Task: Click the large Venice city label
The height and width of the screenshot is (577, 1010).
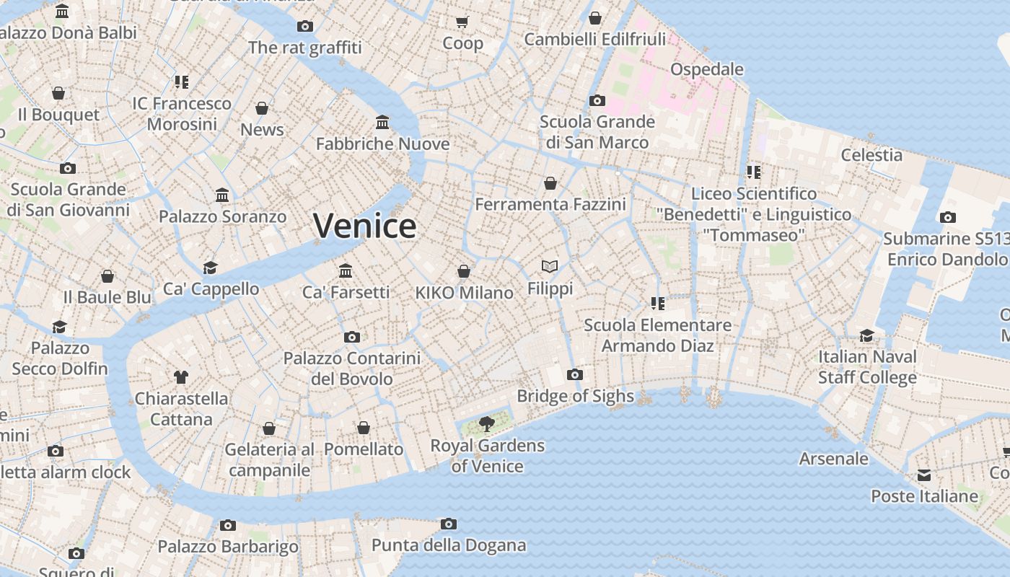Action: pos(364,226)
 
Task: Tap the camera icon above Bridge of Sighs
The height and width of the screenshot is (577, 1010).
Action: pos(575,374)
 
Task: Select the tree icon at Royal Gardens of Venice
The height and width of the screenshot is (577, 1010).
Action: pos(487,423)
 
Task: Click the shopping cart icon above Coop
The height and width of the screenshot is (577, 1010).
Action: pos(462,22)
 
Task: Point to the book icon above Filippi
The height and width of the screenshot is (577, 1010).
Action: pos(550,267)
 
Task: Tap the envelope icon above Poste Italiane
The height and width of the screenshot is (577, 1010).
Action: pos(924,475)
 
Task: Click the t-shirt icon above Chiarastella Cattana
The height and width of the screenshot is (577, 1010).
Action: pos(181,376)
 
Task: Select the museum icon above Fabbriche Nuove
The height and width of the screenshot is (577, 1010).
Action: pos(382,122)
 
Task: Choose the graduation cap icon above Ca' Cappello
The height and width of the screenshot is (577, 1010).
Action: pos(210,268)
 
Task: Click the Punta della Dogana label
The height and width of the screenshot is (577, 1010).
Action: pos(449,545)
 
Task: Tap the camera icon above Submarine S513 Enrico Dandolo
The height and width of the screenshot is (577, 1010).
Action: pos(948,217)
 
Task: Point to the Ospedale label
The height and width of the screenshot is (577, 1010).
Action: pos(707,69)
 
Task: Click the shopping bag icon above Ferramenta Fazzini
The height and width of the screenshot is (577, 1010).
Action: pos(550,183)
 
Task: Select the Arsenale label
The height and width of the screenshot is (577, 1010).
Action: pos(834,459)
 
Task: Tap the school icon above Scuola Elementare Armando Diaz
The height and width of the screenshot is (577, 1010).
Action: pos(657,304)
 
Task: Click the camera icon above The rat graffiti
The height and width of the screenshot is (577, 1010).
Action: pos(305,27)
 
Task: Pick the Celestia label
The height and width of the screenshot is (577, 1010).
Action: pos(871,155)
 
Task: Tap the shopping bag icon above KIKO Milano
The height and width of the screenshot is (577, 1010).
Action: pos(464,271)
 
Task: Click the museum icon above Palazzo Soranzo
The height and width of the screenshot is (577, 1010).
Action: pos(222,195)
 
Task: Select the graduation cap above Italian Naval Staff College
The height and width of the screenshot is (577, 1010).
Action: pos(866,335)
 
